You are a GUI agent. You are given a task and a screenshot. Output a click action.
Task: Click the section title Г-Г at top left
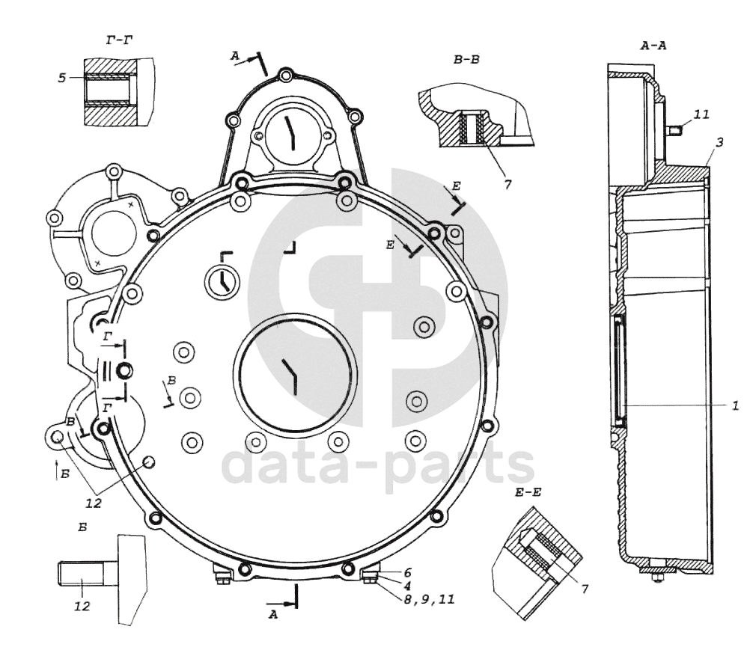pyautogui.click(x=119, y=40)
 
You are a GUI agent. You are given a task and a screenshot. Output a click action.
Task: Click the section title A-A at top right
pyautogui.click(x=653, y=46)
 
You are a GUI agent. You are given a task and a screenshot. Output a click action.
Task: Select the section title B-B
pyautogui.click(x=467, y=60)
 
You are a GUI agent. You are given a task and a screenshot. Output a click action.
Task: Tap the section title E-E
pyautogui.click(x=528, y=492)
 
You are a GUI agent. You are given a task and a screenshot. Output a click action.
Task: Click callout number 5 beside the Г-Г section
pyautogui.click(x=61, y=78)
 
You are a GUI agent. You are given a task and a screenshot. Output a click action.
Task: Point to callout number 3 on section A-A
pyautogui.click(x=719, y=142)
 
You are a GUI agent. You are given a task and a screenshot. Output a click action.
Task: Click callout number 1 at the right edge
pyautogui.click(x=735, y=406)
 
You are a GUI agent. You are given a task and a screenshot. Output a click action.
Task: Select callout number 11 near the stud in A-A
pyautogui.click(x=701, y=114)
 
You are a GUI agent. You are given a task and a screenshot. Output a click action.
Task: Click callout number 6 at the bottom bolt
pyautogui.click(x=407, y=572)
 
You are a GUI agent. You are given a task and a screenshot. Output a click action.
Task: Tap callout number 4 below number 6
pyautogui.click(x=407, y=586)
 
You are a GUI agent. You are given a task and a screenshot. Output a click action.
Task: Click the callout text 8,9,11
pyautogui.click(x=430, y=600)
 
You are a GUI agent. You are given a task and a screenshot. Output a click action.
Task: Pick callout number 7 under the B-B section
pyautogui.click(x=507, y=184)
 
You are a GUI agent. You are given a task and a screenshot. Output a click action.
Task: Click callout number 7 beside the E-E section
pyautogui.click(x=585, y=589)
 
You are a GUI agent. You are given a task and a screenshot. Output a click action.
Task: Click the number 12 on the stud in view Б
pyautogui.click(x=82, y=606)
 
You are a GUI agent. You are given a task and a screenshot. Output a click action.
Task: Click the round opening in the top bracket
pyautogui.click(x=292, y=133)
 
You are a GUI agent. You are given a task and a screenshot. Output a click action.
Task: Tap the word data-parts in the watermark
pyautogui.click(x=379, y=464)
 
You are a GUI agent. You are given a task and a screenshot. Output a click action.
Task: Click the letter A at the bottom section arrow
pyautogui.click(x=273, y=615)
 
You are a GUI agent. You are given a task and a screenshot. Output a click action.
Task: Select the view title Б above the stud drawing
pyautogui.click(x=82, y=527)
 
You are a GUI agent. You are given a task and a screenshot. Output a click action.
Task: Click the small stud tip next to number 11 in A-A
pyautogui.click(x=674, y=129)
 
